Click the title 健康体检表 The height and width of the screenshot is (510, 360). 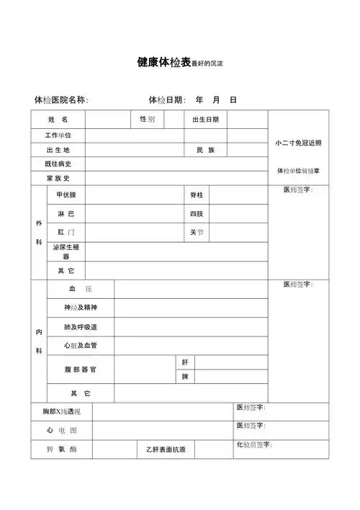coord(163,63)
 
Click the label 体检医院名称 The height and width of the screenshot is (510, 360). coord(61,99)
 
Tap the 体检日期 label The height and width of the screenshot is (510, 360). coord(166,99)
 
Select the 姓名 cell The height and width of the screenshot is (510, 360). coord(58,119)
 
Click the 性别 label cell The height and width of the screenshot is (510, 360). coord(147,119)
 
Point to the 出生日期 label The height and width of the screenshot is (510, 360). coord(205,120)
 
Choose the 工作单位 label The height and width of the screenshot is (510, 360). coord(58,135)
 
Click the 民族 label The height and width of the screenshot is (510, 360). coord(205,150)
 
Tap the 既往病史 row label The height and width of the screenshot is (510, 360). coord(58,164)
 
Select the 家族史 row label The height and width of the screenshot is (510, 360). coord(58,178)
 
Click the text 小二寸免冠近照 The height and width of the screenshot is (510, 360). coord(298,143)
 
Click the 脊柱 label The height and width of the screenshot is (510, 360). coord(197,195)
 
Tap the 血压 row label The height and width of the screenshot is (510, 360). coord(80,289)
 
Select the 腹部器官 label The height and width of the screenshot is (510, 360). coord(80,369)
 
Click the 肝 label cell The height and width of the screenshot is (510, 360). coord(185,362)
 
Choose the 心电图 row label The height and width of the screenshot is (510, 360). coord(62,430)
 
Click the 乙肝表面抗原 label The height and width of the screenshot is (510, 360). coord(165,450)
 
